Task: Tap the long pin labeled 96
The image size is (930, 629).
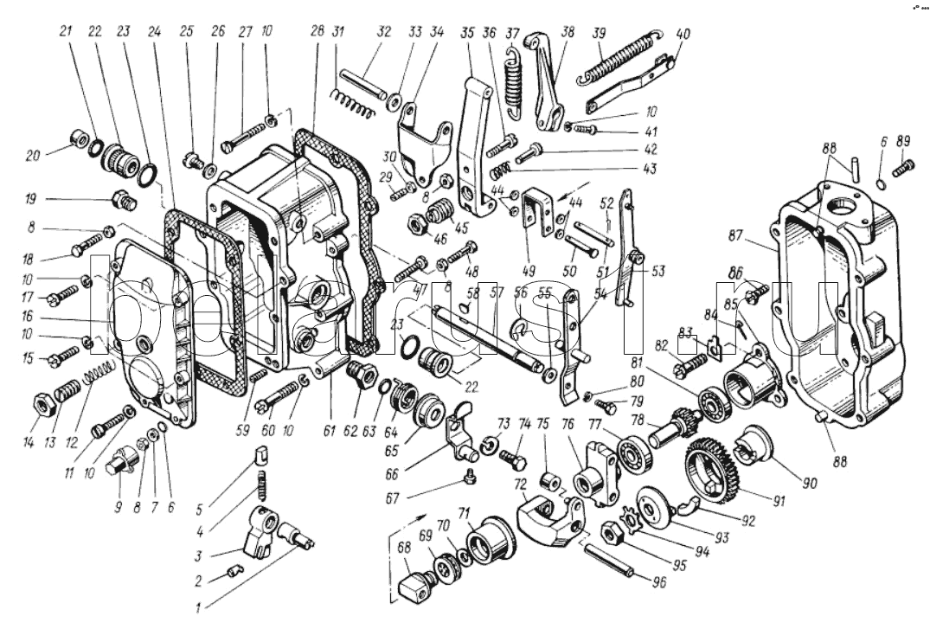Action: pyautogui.click(x=609, y=562)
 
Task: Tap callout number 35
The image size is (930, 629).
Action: pyautogui.click(x=467, y=34)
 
